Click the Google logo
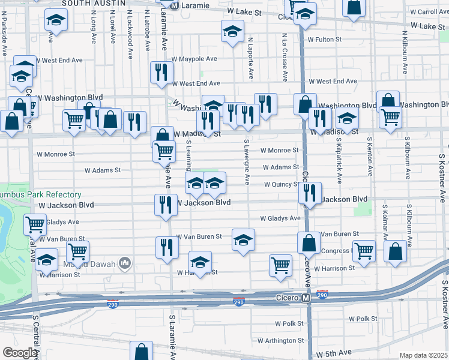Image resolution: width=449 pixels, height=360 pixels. coord(20,353)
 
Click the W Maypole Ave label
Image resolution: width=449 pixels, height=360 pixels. coord(194,59)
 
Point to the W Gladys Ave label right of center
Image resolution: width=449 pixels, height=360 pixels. coord(280,218)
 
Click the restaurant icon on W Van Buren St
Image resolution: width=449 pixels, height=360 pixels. coord(167,247)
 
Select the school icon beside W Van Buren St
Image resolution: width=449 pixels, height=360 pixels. coord(243,239)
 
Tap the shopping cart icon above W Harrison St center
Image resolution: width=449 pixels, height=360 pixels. coord(280,264)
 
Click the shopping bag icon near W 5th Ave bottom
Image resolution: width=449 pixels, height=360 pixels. coord(142,350)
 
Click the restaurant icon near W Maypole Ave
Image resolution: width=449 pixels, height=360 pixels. coord(160,73)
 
